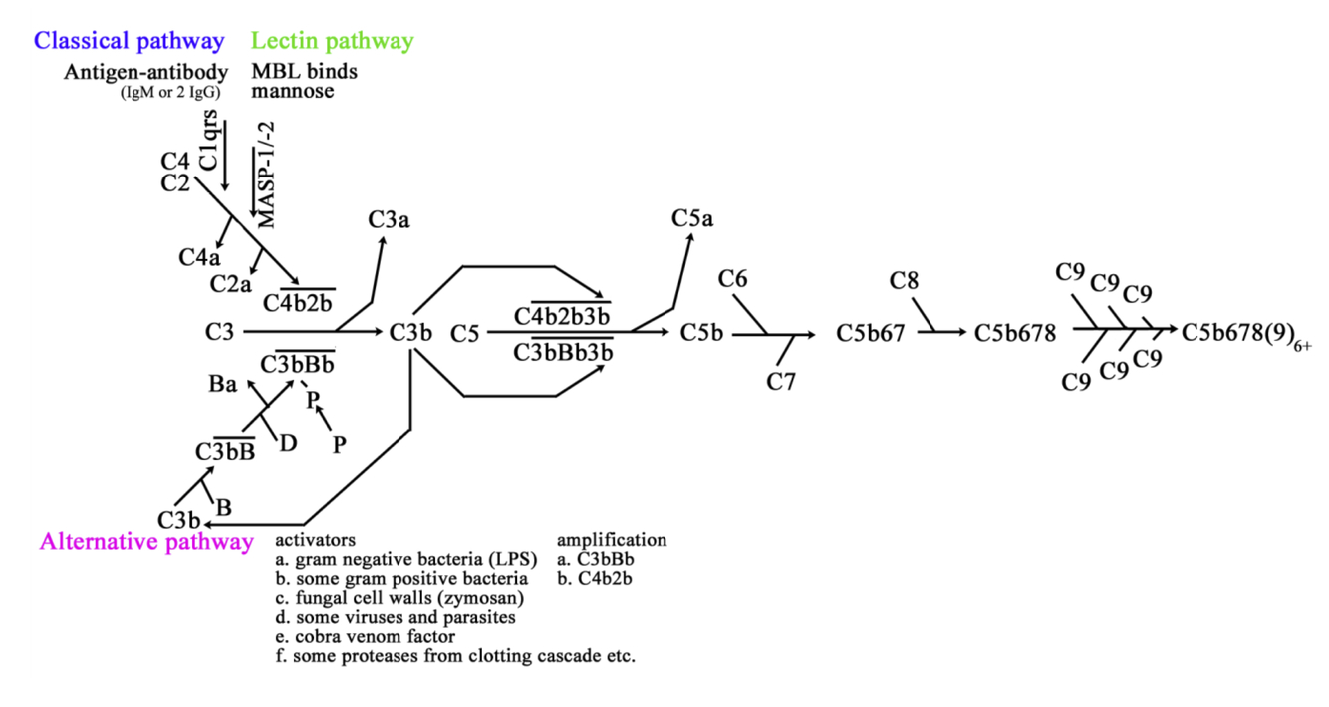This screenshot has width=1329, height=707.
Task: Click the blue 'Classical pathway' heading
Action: [129, 42]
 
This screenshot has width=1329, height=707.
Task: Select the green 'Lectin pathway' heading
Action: [332, 42]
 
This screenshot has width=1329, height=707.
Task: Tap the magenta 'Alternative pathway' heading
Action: [146, 542]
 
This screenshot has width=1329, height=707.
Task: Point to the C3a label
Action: [389, 220]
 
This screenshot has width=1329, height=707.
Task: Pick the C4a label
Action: [199, 257]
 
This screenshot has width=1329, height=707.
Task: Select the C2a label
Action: [230, 284]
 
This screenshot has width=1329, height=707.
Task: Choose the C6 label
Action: [733, 279]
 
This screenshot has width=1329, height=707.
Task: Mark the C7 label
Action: [781, 381]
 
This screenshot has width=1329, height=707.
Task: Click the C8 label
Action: [904, 280]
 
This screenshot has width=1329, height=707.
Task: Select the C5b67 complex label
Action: [871, 333]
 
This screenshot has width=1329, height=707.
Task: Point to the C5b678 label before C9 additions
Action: [1015, 333]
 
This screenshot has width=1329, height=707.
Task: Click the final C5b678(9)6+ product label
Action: [1245, 333]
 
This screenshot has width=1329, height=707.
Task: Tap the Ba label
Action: [223, 385]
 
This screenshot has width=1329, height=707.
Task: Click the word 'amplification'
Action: [612, 540]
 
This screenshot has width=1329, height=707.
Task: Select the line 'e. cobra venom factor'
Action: [366, 636]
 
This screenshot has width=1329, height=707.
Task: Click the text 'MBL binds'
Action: [304, 72]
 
